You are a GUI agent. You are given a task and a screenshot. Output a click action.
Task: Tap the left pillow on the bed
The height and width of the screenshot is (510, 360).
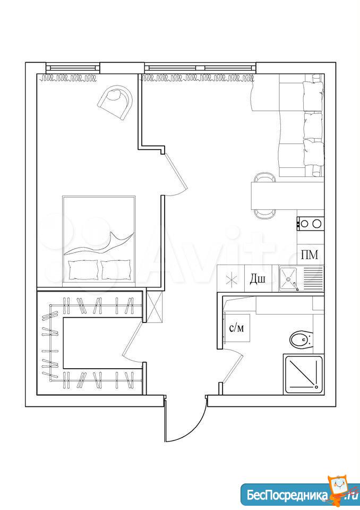pyautogui.click(x=83, y=269)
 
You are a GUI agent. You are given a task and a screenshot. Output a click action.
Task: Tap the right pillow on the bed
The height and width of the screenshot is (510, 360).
pyautogui.click(x=116, y=269)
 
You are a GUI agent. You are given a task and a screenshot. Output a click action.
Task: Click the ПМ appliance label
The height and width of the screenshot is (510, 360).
pyautogui.click(x=309, y=254)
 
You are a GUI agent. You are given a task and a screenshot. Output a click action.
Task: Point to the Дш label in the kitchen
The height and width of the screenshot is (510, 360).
pyautogui.click(x=257, y=279)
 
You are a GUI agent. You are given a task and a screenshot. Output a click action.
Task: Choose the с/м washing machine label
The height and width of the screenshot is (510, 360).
pyautogui.click(x=236, y=328)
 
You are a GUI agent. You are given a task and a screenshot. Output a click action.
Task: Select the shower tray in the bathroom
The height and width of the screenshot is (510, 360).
pyautogui.click(x=303, y=374)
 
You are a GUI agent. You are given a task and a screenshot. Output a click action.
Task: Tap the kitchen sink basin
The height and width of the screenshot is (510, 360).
pyautogui.click(x=288, y=279)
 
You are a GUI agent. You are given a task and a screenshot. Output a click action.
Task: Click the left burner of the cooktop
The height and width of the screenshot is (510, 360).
pyautogui.click(x=305, y=224)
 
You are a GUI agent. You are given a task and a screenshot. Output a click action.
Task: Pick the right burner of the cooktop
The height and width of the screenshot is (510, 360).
pyautogui.click(x=317, y=224)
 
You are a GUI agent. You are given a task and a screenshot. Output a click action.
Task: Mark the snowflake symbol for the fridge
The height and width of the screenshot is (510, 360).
pyautogui.click(x=231, y=279)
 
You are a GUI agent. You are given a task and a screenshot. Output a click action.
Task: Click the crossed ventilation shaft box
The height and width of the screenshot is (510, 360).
pyautogui.click(x=154, y=306)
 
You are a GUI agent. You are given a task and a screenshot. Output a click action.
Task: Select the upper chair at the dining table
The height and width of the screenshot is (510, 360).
pyautogui.click(x=264, y=177)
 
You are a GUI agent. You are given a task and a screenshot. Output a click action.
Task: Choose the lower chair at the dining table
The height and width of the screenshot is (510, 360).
pyautogui.click(x=264, y=214)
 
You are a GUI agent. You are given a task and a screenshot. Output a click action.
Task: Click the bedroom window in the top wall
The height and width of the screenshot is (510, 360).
pyautogui.click(x=73, y=67)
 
